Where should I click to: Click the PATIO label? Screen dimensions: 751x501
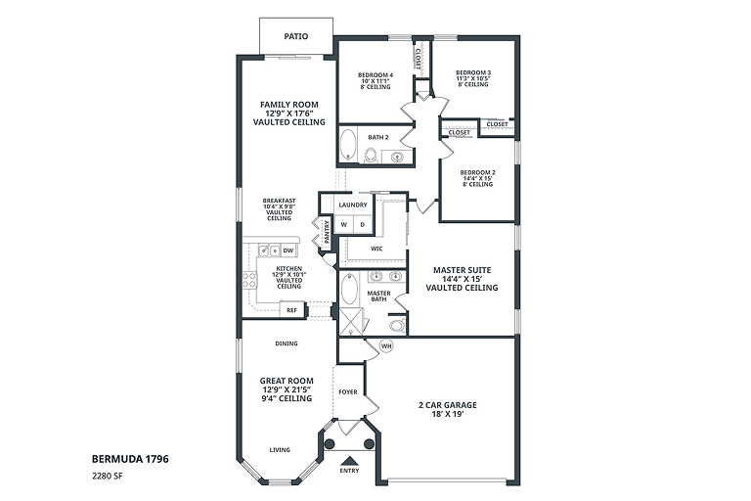tap(296, 36)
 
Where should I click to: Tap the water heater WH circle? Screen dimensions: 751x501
tap(386, 345)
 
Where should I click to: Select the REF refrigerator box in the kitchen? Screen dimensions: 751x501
tap(291, 310)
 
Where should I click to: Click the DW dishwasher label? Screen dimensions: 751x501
tap(287, 250)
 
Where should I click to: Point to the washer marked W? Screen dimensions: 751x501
tap(343, 224)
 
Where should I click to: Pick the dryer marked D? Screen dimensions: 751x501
tap(363, 224)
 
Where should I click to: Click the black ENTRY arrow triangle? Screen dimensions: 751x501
tap(349, 460)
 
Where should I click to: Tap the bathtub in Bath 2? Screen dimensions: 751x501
tap(348, 144)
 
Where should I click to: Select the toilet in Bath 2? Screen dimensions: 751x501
tap(371, 155)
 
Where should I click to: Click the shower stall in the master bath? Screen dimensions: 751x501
tap(352, 322)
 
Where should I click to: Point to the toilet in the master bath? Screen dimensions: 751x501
tap(398, 325)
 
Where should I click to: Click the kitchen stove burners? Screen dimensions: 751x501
tap(249, 280)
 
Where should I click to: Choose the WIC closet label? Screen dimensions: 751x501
tap(376, 249)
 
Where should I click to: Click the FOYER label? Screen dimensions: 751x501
tap(348, 391)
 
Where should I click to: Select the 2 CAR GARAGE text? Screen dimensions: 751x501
tap(447, 405)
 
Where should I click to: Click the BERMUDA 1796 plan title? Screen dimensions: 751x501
tap(130, 459)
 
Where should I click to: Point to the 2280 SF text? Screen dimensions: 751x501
tap(105, 477)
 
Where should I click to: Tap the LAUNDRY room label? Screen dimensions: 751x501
tap(353, 205)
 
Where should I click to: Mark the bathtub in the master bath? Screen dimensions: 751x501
tap(350, 288)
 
